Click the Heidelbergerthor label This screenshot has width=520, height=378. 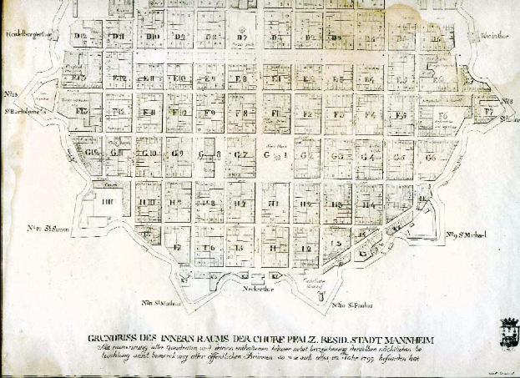coord(28,33)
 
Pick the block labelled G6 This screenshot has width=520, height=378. coord(430,157)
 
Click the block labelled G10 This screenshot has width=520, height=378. coord(149,154)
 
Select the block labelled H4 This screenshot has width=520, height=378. coord(367,202)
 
